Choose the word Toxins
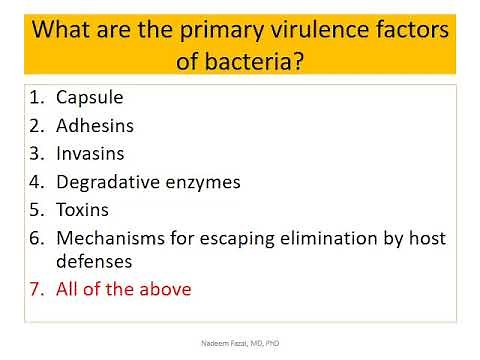click(x=84, y=210)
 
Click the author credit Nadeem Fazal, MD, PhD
click(x=240, y=341)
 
